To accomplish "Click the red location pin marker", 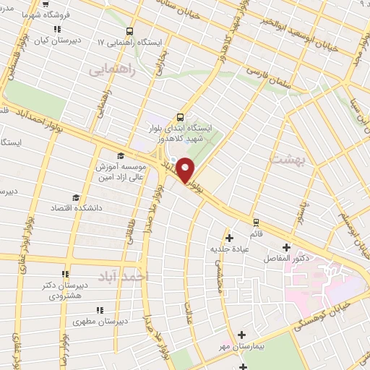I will pos(185,171).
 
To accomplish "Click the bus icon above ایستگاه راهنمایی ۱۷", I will pos(129,31).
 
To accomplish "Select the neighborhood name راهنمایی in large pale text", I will pos(106,71).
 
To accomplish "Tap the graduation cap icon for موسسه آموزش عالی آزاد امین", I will pos(120,155).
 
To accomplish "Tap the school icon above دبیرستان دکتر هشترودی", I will pos(65,274).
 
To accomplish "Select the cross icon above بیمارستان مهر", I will pos(241,335).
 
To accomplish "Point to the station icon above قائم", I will pos(255,222).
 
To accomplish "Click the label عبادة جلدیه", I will pos(230,248).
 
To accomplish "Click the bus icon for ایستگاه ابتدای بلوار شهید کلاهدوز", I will pos(180,116).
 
